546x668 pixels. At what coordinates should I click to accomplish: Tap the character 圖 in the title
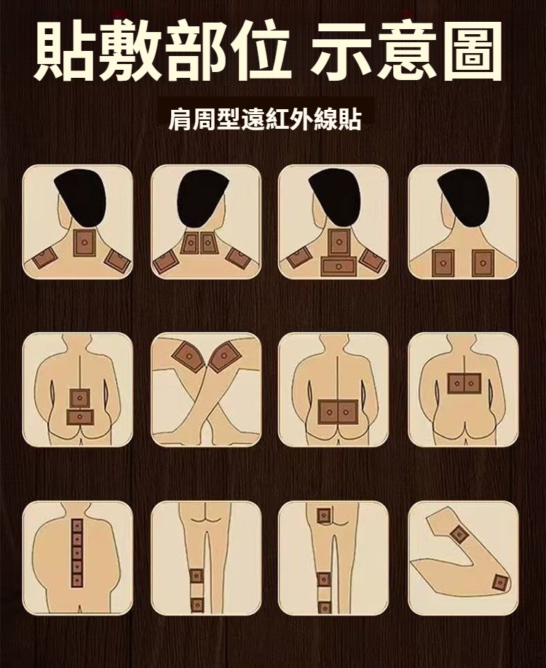point(470,49)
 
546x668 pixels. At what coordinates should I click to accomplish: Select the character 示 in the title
point(343,49)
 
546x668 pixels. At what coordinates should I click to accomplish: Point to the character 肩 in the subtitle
point(181,120)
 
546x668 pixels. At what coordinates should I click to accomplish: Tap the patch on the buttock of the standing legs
point(323,516)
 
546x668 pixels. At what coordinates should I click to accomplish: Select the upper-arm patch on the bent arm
point(459,534)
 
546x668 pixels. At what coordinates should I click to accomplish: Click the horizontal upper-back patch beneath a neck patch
point(339,266)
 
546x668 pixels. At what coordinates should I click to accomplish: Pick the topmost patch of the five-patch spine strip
point(77,526)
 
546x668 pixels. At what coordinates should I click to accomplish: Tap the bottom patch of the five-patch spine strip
point(77,580)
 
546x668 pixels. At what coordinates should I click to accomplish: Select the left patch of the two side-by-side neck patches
point(190,243)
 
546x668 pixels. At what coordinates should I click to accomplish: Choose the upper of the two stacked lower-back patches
point(79,399)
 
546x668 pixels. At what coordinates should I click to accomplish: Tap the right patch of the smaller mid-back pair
point(472,383)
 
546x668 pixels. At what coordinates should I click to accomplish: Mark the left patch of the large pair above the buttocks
point(328,413)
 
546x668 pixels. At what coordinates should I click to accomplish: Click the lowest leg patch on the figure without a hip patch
point(197,605)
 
